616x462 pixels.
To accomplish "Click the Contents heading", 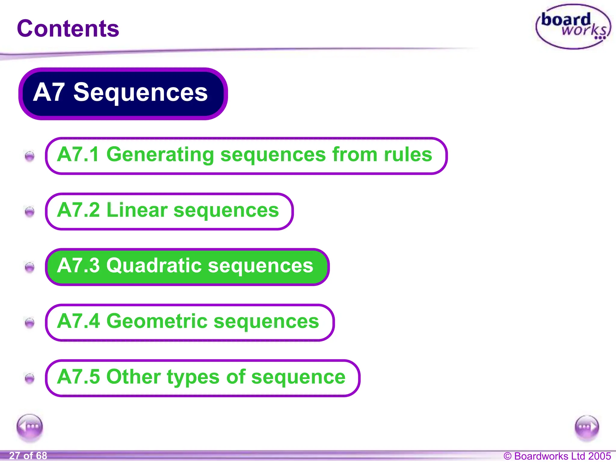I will click(x=68, y=29).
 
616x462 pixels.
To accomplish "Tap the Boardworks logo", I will click(x=573, y=27).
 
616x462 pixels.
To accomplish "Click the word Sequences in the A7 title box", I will click(x=140, y=92).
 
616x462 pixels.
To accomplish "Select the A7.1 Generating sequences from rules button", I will click(x=246, y=156).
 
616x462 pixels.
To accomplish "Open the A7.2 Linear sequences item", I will click(x=169, y=211).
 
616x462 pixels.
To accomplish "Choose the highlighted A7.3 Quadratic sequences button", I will click(x=187, y=266).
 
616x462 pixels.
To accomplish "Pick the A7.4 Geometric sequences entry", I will click(x=189, y=322).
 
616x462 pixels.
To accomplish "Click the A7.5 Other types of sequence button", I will click(x=202, y=378).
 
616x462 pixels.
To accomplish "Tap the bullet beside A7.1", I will click(x=29, y=156).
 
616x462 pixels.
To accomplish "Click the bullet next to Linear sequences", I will click(x=29, y=211).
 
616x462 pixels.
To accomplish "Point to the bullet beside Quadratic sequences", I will click(x=29, y=267).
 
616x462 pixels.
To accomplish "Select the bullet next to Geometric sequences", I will click(x=29, y=322).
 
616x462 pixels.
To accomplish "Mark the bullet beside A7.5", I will click(x=29, y=378).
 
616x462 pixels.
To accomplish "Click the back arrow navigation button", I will click(x=30, y=427).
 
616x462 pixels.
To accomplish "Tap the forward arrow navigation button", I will click(x=587, y=427).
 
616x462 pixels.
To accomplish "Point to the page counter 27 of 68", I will click(x=28, y=456).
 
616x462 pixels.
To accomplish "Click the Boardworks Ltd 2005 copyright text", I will click(x=557, y=456).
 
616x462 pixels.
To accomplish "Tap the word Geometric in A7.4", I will click(x=157, y=321).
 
